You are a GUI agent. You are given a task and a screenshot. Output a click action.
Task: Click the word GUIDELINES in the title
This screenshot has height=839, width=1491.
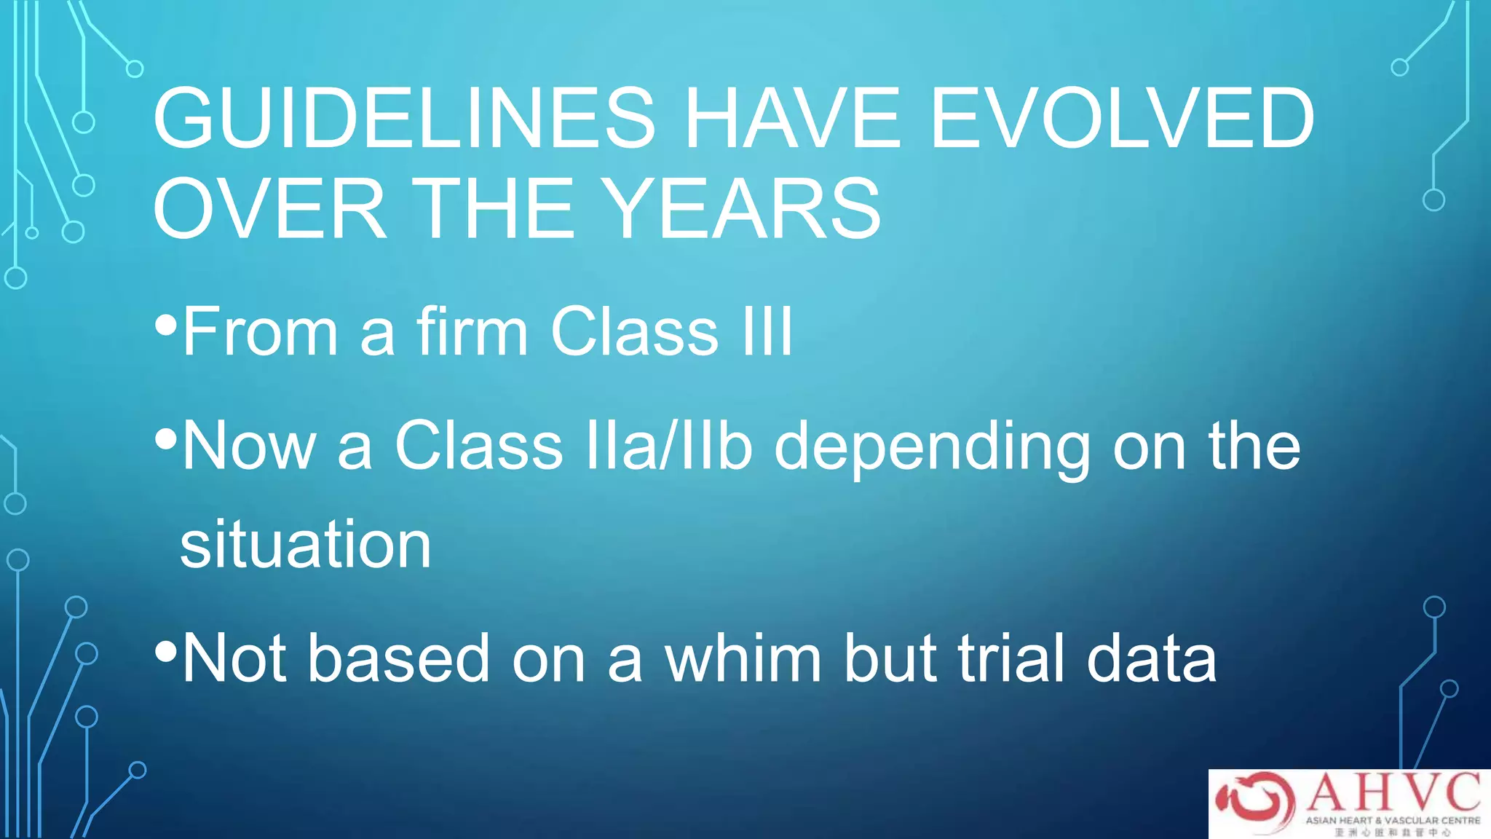[x=404, y=118]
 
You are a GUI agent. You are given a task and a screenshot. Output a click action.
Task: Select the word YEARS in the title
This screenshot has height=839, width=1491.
[x=743, y=209]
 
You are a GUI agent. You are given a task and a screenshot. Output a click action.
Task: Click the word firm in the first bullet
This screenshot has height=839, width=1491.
[x=472, y=332]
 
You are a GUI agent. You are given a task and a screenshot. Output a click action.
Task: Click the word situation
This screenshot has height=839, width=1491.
[x=306, y=545]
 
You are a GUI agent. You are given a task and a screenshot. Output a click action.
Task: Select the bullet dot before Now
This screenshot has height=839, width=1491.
[x=166, y=439]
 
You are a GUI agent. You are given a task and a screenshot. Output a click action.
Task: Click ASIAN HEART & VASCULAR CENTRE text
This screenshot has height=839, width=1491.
[x=1392, y=820]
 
